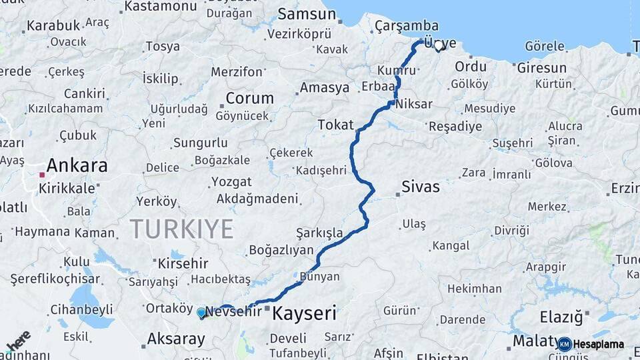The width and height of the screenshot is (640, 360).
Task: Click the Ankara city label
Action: pos(77,165)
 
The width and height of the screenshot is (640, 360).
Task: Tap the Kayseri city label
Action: pos(305,313)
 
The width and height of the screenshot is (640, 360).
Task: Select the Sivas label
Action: pos(421,187)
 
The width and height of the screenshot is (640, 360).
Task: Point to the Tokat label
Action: pos(335,125)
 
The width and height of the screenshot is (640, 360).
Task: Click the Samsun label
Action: pos(307,14)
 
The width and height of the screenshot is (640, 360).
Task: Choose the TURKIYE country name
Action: pos(181,229)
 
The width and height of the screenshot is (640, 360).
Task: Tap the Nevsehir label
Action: pos(233,311)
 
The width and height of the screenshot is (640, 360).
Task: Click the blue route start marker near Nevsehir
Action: pos(201,312)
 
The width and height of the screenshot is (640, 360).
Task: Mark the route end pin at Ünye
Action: pos(438,46)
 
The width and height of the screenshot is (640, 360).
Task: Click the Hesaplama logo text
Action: pos(598,345)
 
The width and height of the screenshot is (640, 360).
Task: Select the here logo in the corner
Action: pos(19,341)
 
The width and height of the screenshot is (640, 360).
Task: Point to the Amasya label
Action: pos(325,88)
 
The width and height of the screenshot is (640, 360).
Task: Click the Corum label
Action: pos(249,98)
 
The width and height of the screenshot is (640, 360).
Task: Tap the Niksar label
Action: pos(413,105)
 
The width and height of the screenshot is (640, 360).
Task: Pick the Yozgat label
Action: pos(231,182)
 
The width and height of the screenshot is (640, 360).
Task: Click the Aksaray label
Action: pos(176,339)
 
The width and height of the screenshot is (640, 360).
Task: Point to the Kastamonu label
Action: pos(161,7)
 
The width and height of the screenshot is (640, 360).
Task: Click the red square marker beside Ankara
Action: pos(42,175)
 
